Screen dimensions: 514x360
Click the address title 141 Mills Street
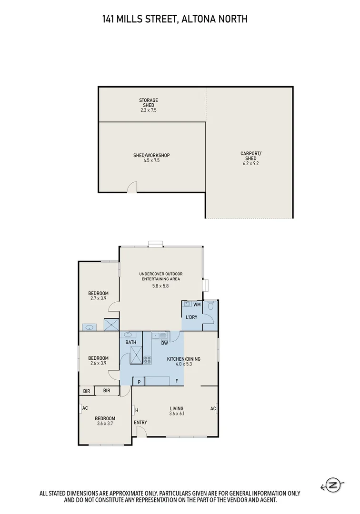click(x=174, y=20)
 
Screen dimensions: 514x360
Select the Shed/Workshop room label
click(x=151, y=156)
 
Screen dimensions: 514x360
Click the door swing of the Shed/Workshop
click(x=133, y=188)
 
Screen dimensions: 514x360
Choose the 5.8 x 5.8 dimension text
click(x=160, y=286)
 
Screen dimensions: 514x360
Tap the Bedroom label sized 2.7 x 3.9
click(x=99, y=293)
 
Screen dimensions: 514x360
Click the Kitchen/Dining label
click(x=183, y=359)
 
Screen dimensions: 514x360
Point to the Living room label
click(x=177, y=408)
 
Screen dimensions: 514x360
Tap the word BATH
click(x=131, y=343)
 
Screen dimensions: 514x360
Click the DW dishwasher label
click(x=164, y=343)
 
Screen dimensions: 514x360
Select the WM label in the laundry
click(x=197, y=305)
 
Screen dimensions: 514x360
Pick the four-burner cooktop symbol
click(x=148, y=360)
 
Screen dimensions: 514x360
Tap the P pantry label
click(x=140, y=382)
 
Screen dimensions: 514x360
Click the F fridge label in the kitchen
click(x=177, y=381)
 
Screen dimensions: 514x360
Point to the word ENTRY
click(x=140, y=423)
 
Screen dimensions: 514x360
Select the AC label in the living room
click(x=213, y=408)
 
